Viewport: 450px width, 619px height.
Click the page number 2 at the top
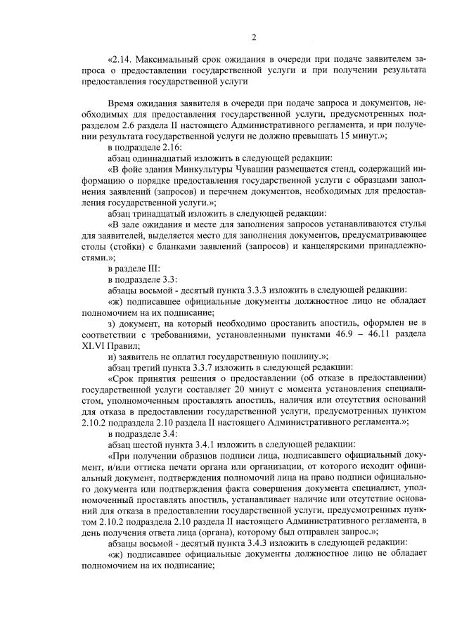coord(253,37)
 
